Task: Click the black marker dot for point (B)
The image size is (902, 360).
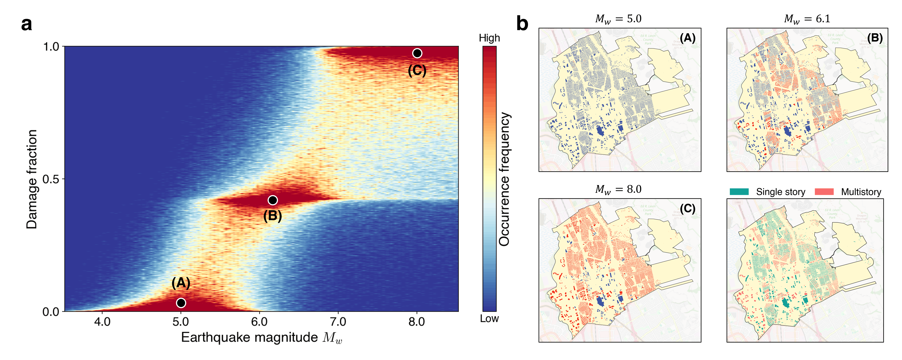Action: click(273, 200)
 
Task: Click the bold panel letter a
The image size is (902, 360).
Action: click(27, 24)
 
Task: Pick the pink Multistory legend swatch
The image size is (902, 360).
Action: click(824, 192)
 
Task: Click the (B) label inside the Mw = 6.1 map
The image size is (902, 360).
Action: click(875, 38)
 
